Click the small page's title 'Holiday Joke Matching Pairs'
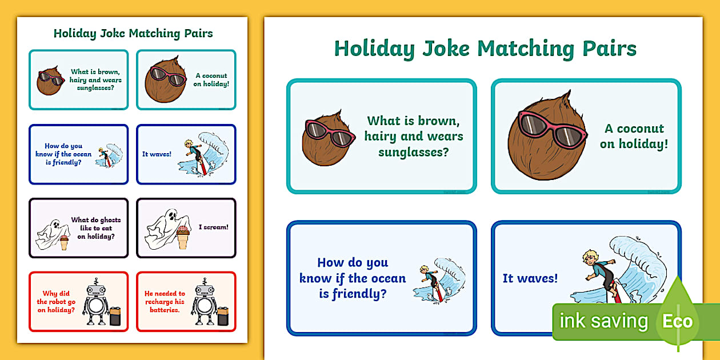click(133, 33)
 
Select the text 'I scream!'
click(213, 227)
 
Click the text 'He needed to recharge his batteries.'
click(165, 302)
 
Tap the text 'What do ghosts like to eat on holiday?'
click(95, 228)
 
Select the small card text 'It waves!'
click(157, 154)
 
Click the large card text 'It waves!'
click(530, 278)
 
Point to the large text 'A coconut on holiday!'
click(634, 136)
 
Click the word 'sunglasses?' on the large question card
click(413, 152)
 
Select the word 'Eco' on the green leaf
click(677, 321)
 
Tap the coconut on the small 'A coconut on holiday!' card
click(166, 81)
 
